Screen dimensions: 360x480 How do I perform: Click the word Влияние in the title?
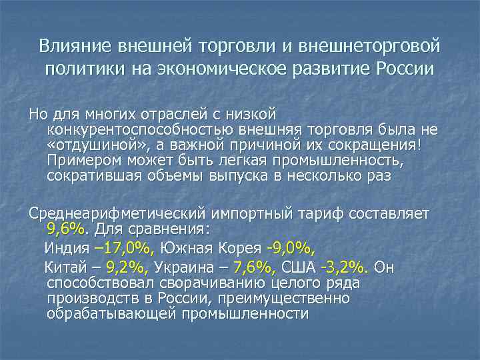click(x=75, y=47)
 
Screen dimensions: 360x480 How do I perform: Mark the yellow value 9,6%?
click(x=66, y=230)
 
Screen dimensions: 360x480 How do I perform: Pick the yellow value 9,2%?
click(x=129, y=268)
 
